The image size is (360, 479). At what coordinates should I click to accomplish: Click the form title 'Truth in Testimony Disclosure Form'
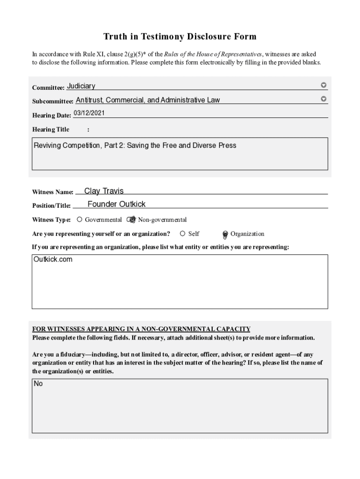point(180,36)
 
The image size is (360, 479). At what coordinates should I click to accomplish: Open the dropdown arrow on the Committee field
point(323,85)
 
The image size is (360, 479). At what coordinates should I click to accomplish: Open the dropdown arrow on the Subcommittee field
point(323,99)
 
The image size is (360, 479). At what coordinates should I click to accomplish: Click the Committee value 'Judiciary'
point(81,86)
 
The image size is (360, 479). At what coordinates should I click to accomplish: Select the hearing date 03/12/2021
point(89,113)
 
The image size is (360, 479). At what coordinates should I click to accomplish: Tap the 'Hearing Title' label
point(50,130)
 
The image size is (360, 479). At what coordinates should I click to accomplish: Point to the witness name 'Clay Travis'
point(104,191)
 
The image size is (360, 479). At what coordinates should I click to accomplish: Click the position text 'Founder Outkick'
point(116,204)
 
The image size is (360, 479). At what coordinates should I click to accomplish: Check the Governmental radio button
point(79,219)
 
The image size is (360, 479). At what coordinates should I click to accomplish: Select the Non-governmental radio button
point(132,219)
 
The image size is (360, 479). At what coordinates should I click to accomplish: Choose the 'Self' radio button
point(182,233)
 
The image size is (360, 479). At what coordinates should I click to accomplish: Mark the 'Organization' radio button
point(225,234)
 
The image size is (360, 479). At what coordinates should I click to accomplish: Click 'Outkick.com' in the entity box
point(53,259)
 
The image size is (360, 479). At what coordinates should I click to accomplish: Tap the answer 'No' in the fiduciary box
point(38,384)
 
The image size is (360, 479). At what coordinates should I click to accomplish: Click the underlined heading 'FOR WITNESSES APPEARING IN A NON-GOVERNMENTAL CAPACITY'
point(141,329)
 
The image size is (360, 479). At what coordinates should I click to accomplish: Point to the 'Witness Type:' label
point(51,220)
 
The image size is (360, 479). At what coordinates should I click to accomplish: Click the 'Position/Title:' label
point(51,205)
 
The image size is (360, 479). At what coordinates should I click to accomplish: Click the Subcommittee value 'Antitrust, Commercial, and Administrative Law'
point(148,100)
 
